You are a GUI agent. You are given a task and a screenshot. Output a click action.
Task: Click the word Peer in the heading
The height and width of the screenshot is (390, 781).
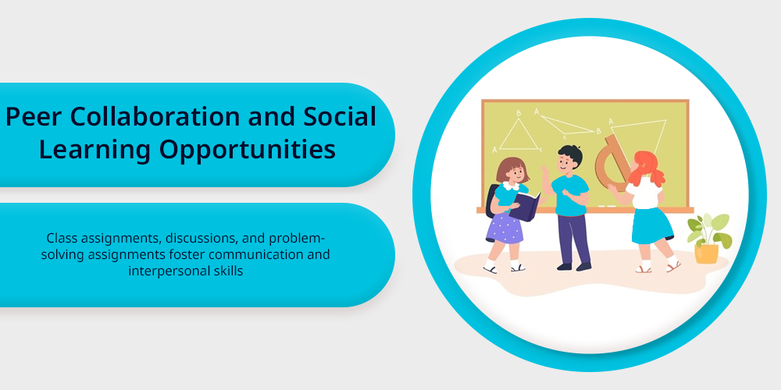pyautogui.click(x=33, y=116)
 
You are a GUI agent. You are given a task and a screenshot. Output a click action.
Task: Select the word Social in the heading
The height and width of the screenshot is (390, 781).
pyautogui.click(x=339, y=116)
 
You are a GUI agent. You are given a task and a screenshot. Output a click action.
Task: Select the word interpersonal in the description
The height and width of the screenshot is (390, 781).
pyautogui.click(x=159, y=271)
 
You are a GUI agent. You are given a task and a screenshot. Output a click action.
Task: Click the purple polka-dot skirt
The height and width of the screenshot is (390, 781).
pyautogui.click(x=505, y=228)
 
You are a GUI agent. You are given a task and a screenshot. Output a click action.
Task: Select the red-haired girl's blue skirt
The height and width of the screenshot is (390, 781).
pyautogui.click(x=651, y=226)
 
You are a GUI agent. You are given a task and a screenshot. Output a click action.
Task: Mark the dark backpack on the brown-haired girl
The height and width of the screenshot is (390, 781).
pyautogui.click(x=491, y=200)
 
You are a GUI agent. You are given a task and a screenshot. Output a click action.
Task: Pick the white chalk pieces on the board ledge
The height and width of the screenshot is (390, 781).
pyautogui.click(x=607, y=205)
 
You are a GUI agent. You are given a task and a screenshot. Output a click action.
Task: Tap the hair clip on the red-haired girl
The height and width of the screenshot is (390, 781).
pyautogui.click(x=644, y=164)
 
